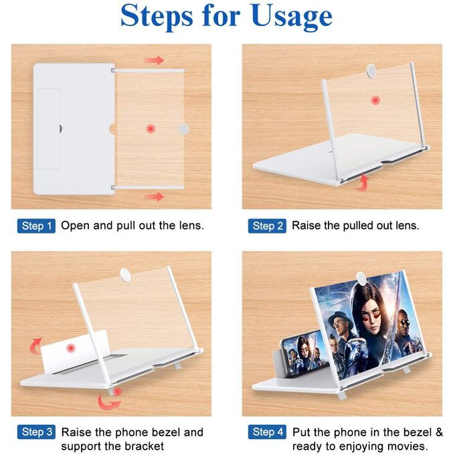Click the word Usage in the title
pyautogui.click(x=291, y=17)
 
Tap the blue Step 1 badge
pyautogui.click(x=36, y=226)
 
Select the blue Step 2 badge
pyautogui.click(x=267, y=226)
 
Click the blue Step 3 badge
pyautogui.click(x=36, y=432)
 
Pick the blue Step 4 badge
pyautogui.click(x=267, y=432)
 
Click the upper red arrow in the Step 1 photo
pyautogui.click(x=154, y=60)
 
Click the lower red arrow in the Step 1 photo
pyautogui.click(x=154, y=197)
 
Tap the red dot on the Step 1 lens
pyautogui.click(x=151, y=128)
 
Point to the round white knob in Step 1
pyautogui.click(x=183, y=128)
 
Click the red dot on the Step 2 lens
pyautogui.click(x=375, y=100)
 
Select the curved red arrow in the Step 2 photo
pyautogui.click(x=363, y=183)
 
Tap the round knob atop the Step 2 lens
pyautogui.click(x=371, y=70)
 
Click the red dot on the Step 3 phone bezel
pyautogui.click(x=71, y=348)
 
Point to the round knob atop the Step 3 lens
pyautogui.click(x=126, y=275)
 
